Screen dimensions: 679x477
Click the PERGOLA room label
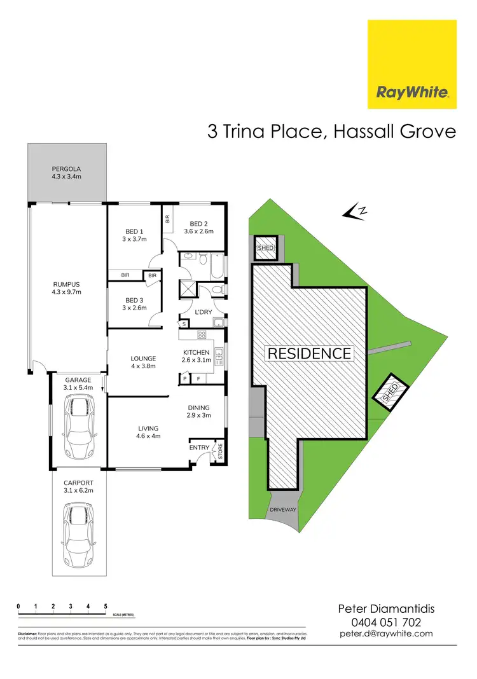66,169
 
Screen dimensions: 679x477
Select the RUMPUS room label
66,284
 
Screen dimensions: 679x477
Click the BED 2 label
198,224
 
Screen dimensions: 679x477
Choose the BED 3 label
134,300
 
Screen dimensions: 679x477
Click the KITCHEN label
196,352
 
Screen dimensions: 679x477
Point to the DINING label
198,408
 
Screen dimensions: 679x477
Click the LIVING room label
148,429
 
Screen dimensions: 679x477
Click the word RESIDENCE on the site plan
309,353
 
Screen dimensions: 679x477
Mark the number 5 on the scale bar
106,605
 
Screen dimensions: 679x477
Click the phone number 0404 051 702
386,622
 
